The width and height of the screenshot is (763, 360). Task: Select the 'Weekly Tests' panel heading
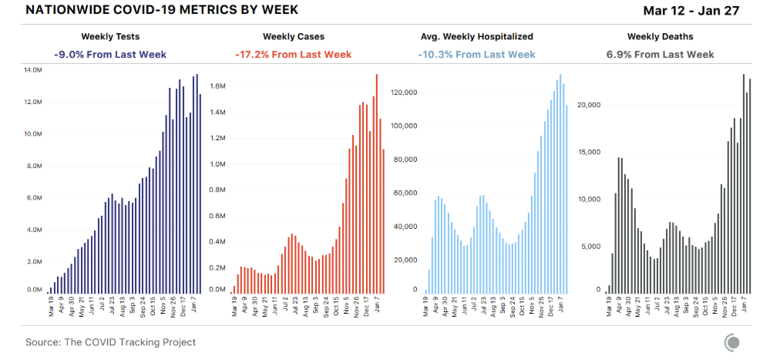click(x=110, y=36)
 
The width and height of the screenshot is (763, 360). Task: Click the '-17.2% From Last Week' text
click(x=293, y=55)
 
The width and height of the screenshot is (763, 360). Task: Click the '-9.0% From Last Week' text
click(x=110, y=55)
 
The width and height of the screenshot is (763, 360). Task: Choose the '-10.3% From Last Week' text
click(x=476, y=55)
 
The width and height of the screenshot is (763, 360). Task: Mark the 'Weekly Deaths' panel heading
click(x=660, y=36)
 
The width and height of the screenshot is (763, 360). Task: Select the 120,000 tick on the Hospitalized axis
click(x=404, y=93)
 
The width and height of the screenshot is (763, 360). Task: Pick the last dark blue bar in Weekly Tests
click(x=200, y=193)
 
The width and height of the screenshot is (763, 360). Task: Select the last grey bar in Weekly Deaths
click(x=750, y=185)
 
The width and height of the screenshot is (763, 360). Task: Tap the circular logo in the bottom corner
click(x=732, y=342)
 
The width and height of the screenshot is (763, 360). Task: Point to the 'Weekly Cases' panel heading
click(x=293, y=36)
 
